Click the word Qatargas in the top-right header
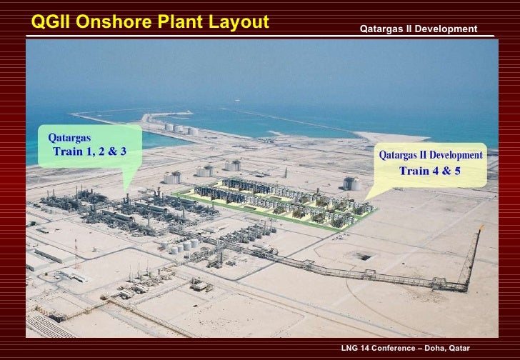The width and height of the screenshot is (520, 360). (x=381, y=29)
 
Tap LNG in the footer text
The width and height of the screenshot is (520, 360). (x=351, y=347)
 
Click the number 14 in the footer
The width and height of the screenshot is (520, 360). (x=366, y=347)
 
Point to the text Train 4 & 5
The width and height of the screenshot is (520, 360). (x=429, y=171)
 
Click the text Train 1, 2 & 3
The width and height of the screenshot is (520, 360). (x=89, y=151)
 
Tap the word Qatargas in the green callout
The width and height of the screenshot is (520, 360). (x=69, y=136)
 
